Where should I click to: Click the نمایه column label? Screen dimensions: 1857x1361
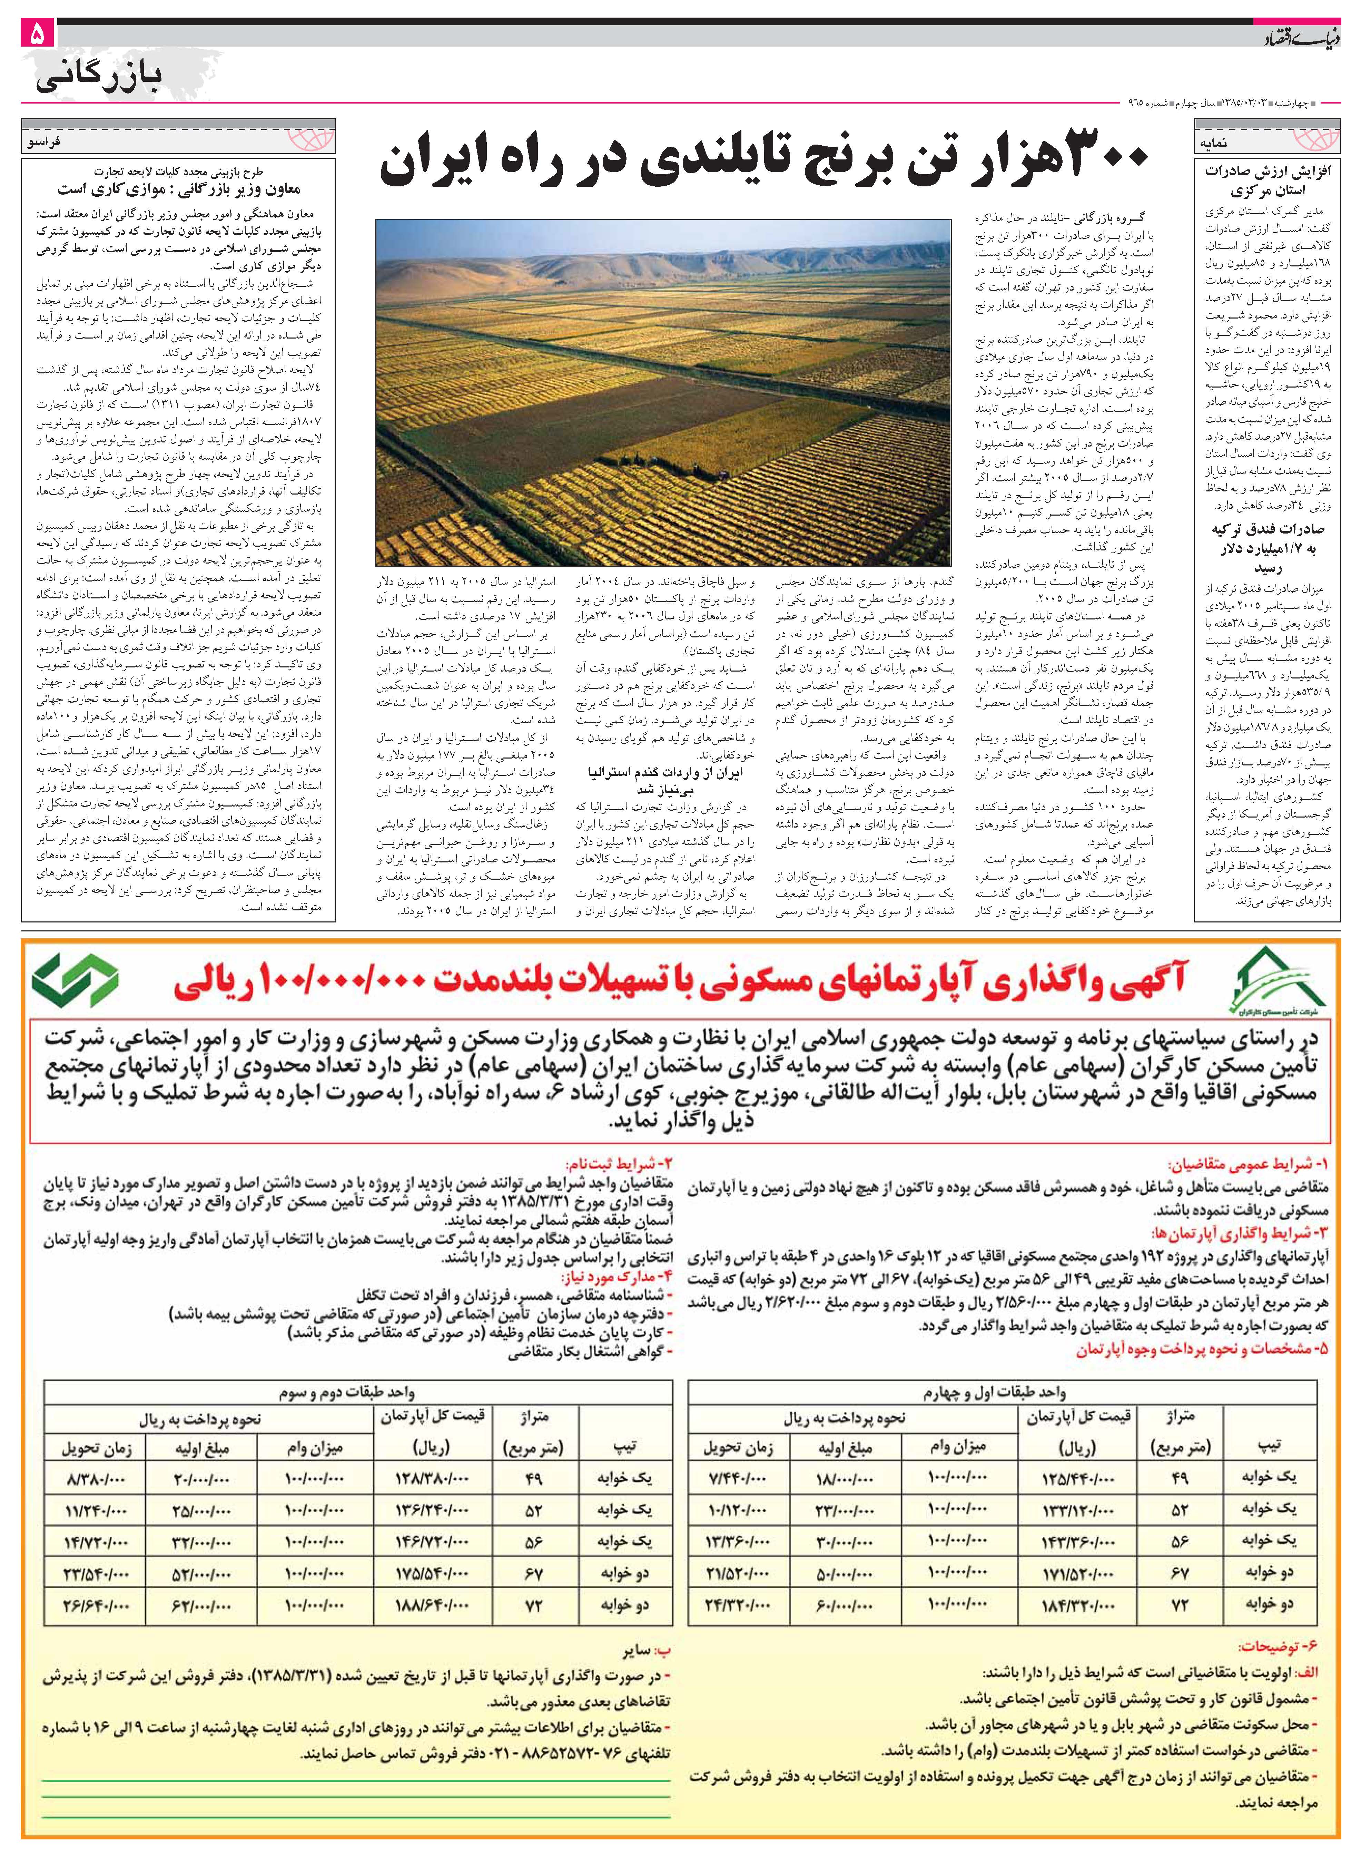(1215, 142)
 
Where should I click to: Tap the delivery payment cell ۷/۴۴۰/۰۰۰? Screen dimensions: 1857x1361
(737, 1479)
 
